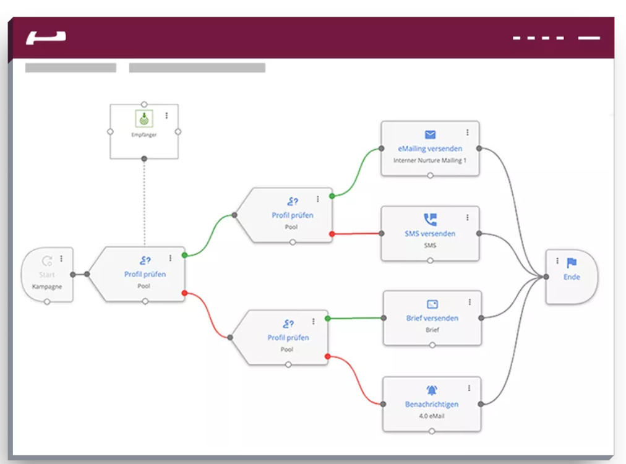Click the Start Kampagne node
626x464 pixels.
[x=47, y=275]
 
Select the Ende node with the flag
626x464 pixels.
[x=571, y=277]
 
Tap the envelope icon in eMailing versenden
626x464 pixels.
[x=430, y=135]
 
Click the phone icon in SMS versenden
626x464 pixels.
[x=430, y=220]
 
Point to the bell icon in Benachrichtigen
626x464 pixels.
[x=432, y=390]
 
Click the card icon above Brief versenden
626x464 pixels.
[x=432, y=304]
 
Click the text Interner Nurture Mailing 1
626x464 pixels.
[x=430, y=160]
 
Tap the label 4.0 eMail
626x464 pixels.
[x=432, y=416]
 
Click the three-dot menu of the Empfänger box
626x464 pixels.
[x=166, y=116]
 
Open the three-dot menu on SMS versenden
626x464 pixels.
[x=468, y=217]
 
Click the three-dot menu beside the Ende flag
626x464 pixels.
[x=557, y=261]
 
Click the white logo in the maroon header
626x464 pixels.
[x=46, y=38]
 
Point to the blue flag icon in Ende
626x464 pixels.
[x=572, y=263]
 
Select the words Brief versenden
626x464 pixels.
[x=432, y=318]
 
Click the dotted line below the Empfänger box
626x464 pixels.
[x=144, y=204]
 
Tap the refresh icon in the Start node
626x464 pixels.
[x=47, y=262]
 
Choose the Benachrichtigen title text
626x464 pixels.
[x=432, y=404]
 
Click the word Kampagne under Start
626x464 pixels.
[x=47, y=287]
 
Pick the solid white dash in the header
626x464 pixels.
[x=589, y=38]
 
